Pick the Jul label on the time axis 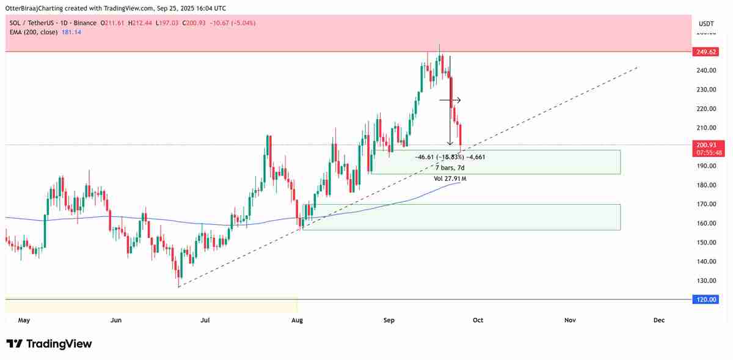[206, 320]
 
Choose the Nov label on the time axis [570, 320]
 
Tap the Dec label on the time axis [659, 320]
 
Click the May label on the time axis [24, 320]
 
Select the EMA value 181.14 [71, 32]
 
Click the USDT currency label [706, 23]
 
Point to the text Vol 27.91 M [450, 178]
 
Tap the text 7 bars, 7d [450, 167]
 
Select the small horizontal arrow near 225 [450, 100]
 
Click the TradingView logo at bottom [49, 343]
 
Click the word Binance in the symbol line [84, 23]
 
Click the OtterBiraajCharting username [35, 8]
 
